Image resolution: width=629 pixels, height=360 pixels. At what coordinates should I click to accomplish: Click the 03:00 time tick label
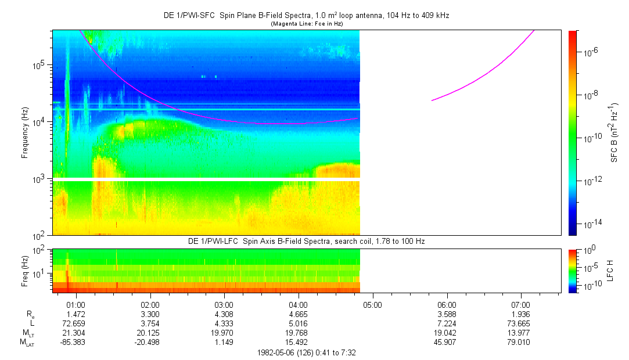(x=224, y=304)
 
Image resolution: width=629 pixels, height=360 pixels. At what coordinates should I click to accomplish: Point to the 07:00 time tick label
(x=520, y=304)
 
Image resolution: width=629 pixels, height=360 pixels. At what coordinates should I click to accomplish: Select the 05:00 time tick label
(x=372, y=304)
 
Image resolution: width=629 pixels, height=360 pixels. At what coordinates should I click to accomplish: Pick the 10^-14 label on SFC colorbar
(x=591, y=223)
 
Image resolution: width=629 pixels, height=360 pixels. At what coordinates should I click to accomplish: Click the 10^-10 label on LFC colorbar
(x=590, y=286)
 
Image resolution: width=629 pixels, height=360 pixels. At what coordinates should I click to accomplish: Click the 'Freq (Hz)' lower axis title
(x=25, y=271)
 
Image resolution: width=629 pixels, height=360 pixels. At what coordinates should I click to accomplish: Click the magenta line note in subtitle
(x=306, y=23)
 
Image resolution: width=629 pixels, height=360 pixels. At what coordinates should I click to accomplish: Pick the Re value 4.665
(x=298, y=313)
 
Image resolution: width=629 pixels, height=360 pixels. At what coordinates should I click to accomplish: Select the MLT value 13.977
(x=520, y=332)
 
